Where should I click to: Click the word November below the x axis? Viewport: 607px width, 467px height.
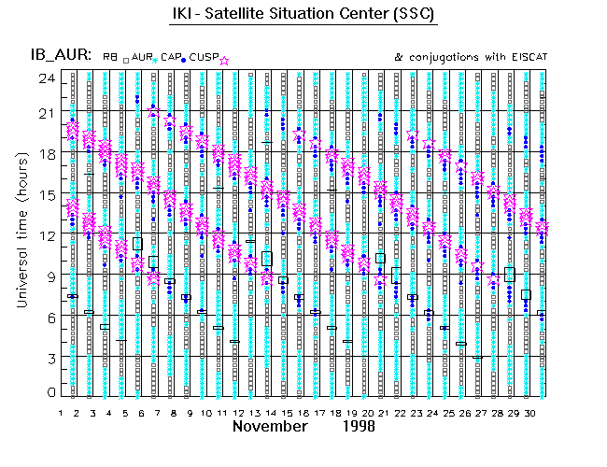(270, 427)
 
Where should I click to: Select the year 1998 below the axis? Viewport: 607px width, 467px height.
(358, 427)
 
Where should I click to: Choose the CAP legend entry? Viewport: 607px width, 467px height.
(171, 58)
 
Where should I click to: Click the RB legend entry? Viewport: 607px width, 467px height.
(110, 58)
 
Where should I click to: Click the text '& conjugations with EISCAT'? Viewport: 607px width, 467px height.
(471, 57)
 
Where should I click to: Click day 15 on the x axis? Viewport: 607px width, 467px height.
(283, 412)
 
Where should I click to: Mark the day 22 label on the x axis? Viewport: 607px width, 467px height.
(398, 412)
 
